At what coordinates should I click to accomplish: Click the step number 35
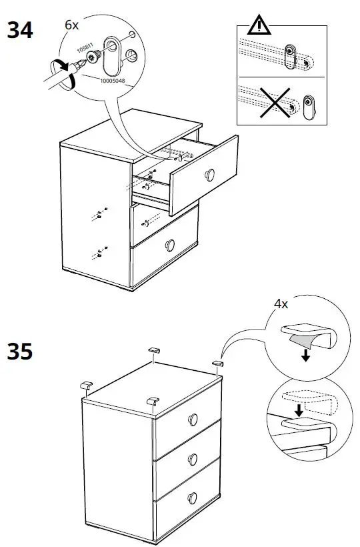[20, 351]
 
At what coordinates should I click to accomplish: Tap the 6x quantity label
[71, 25]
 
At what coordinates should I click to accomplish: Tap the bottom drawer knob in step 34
[171, 243]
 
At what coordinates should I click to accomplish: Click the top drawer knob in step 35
[193, 419]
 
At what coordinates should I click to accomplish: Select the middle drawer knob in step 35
[193, 458]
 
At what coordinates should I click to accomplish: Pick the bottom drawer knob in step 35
[193, 497]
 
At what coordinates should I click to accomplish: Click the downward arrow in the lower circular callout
[299, 410]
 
